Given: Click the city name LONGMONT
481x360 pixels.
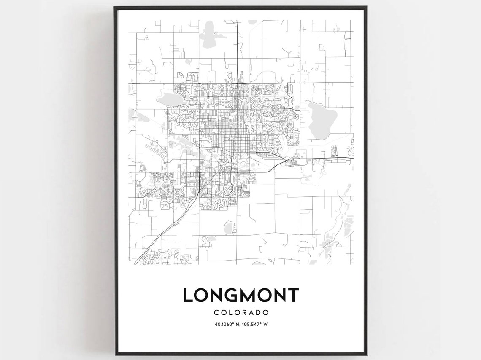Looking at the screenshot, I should [x=240, y=295].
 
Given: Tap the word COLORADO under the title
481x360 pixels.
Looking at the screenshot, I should [x=241, y=313].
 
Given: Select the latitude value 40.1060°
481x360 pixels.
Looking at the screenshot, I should [x=225, y=324].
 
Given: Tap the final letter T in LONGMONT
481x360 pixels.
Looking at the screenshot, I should [x=293, y=295].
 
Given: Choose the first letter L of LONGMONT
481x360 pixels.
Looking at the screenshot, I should [x=188, y=295].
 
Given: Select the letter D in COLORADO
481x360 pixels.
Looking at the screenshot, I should [x=258, y=313].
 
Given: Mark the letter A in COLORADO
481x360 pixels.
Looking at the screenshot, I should [x=251, y=313].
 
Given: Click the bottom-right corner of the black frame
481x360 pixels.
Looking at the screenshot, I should [x=365, y=354].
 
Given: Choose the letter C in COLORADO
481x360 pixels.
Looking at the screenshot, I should [x=216, y=313].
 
